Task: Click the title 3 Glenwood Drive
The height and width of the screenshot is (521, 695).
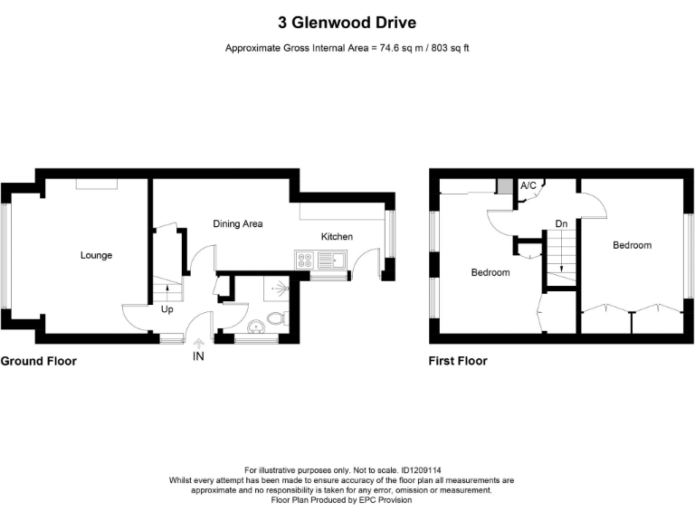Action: click(x=347, y=22)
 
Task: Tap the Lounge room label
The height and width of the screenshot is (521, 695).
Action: click(x=96, y=256)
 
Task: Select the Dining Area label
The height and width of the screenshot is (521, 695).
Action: click(x=237, y=223)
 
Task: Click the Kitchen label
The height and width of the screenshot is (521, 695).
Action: click(x=337, y=237)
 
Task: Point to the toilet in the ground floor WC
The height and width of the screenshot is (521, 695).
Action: click(x=279, y=318)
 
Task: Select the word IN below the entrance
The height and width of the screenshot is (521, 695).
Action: click(x=199, y=357)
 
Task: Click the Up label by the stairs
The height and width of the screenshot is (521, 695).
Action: click(x=167, y=309)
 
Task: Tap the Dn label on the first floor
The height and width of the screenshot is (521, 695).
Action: click(x=561, y=223)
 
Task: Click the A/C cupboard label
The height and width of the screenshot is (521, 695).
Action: click(x=528, y=185)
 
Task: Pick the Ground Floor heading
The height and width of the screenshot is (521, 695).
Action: click(x=38, y=361)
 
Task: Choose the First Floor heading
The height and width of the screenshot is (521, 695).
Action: click(x=457, y=361)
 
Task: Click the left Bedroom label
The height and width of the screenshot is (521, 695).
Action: click(x=490, y=272)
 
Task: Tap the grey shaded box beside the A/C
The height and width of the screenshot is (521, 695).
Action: click(x=503, y=186)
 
